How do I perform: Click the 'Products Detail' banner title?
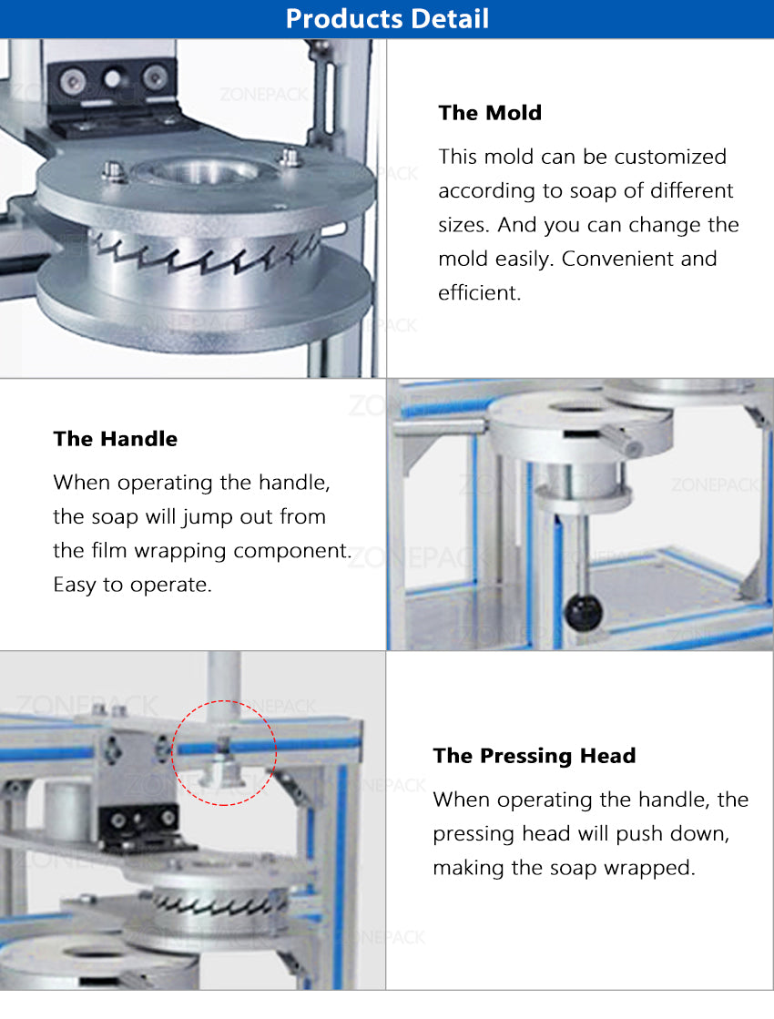pyautogui.click(x=387, y=18)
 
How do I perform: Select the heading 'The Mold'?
pyautogui.click(x=490, y=113)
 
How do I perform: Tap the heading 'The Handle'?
pyautogui.click(x=115, y=439)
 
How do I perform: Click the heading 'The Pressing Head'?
pyautogui.click(x=535, y=756)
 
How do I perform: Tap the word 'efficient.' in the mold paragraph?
pyautogui.click(x=480, y=293)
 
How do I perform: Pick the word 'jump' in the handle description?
pyautogui.click(x=209, y=517)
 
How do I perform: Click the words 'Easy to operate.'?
pyautogui.click(x=132, y=585)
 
